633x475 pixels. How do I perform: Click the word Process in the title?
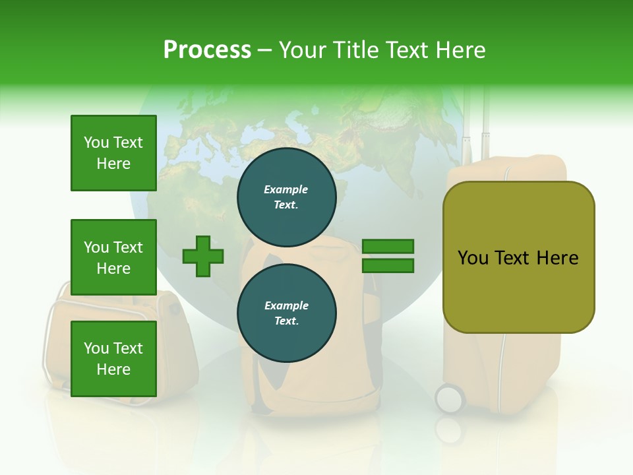(207, 50)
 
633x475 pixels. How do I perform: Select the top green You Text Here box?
(113, 153)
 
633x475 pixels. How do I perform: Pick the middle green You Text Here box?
(113, 257)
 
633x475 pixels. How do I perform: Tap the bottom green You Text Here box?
(113, 359)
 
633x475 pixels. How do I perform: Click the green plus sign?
(203, 256)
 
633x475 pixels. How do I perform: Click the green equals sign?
(388, 256)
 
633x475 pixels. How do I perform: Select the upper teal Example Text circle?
(287, 197)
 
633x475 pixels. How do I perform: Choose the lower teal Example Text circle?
(287, 313)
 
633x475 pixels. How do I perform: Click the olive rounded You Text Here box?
(518, 257)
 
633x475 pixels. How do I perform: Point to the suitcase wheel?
(450, 398)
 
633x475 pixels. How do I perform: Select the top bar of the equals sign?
(388, 247)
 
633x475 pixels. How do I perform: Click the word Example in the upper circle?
(286, 189)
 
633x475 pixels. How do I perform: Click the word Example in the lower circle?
(286, 305)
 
